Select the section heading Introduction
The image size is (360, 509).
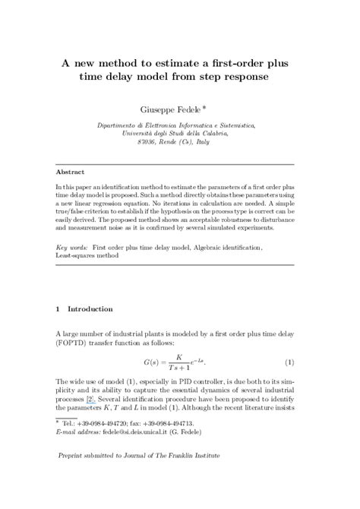[x=90, y=309]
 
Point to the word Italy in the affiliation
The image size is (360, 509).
[x=195, y=141]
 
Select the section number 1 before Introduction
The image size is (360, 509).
[x=58, y=309]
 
